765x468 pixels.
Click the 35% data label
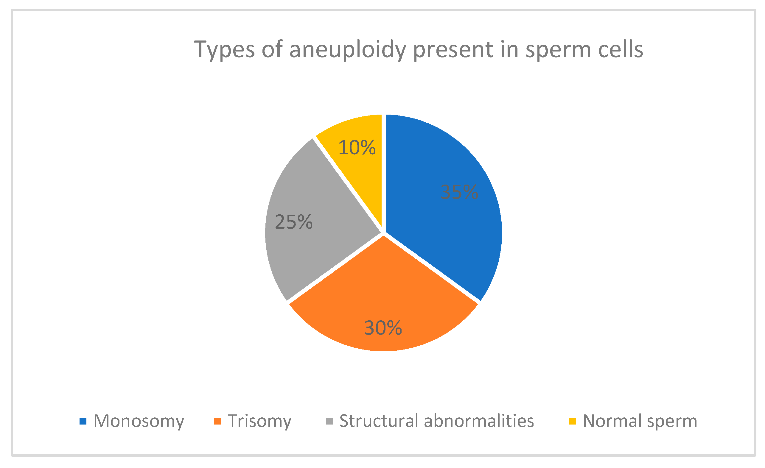pos(459,192)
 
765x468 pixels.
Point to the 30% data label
pos(383,328)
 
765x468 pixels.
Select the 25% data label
pos(293,222)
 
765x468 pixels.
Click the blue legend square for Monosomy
pos(83,421)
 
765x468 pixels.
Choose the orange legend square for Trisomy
pos(218,421)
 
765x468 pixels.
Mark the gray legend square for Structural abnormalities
pos(330,421)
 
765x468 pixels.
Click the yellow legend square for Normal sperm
pos(572,421)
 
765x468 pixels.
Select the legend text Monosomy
pos(139,421)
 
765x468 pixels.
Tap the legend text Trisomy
pos(259,421)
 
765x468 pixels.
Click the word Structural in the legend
pos(379,421)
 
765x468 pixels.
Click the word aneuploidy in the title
pos(348,50)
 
